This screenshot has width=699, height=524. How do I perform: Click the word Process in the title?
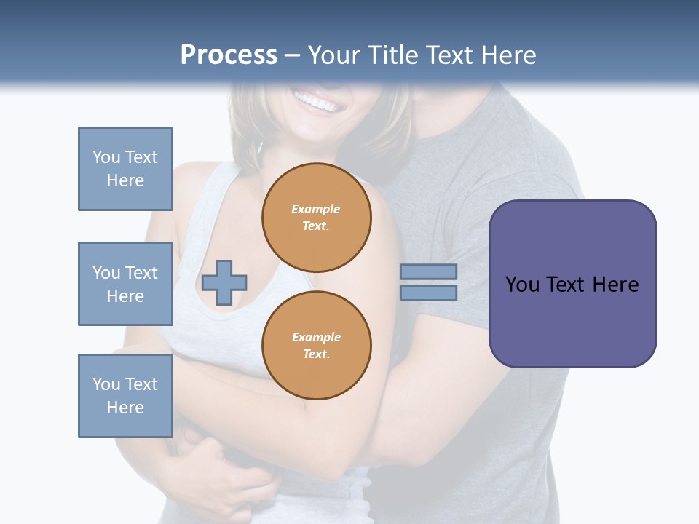point(229,55)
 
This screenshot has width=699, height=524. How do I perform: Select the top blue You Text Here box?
point(125,169)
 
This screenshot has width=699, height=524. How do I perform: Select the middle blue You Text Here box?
point(125,284)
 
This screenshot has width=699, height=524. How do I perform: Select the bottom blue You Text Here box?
point(125,396)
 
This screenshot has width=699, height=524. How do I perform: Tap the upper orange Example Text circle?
point(316,218)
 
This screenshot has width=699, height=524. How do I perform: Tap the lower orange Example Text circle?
point(316,346)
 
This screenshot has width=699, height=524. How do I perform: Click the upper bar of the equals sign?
point(429,271)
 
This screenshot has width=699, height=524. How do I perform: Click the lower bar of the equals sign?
point(429,293)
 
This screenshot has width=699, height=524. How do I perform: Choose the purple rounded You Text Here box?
point(572,284)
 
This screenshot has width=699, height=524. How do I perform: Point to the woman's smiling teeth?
point(318,103)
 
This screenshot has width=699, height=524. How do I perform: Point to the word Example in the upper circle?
point(316,209)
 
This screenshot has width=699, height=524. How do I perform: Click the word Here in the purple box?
point(616,284)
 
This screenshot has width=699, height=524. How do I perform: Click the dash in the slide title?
point(293,55)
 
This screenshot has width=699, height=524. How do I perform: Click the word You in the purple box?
point(523,284)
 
